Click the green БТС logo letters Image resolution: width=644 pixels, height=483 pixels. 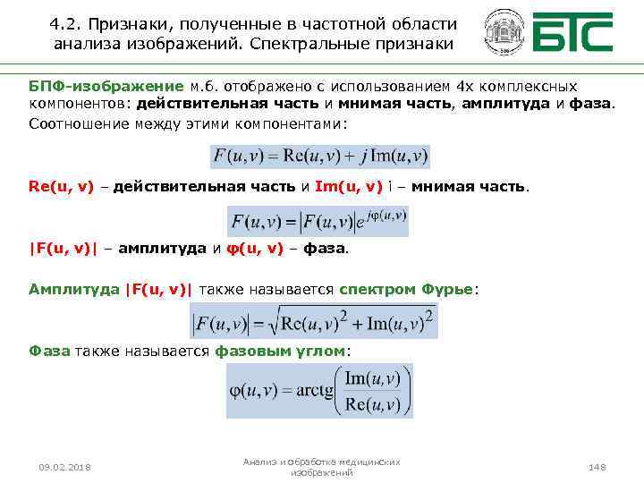pyautogui.click(x=574, y=35)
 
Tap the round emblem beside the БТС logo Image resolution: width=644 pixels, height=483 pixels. pyautogui.click(x=504, y=35)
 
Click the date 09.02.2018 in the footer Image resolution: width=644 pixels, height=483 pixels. pyautogui.click(x=65, y=468)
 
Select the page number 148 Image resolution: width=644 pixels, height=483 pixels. pyautogui.click(x=597, y=468)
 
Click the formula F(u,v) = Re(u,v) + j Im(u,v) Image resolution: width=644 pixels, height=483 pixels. pyautogui.click(x=320, y=156)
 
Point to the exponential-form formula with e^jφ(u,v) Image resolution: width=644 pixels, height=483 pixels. pyautogui.click(x=318, y=219)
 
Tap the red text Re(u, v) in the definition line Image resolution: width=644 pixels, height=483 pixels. pyautogui.click(x=61, y=187)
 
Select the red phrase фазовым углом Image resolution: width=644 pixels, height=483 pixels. pyautogui.click(x=279, y=351)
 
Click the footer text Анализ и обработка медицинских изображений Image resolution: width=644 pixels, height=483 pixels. pyautogui.click(x=322, y=466)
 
